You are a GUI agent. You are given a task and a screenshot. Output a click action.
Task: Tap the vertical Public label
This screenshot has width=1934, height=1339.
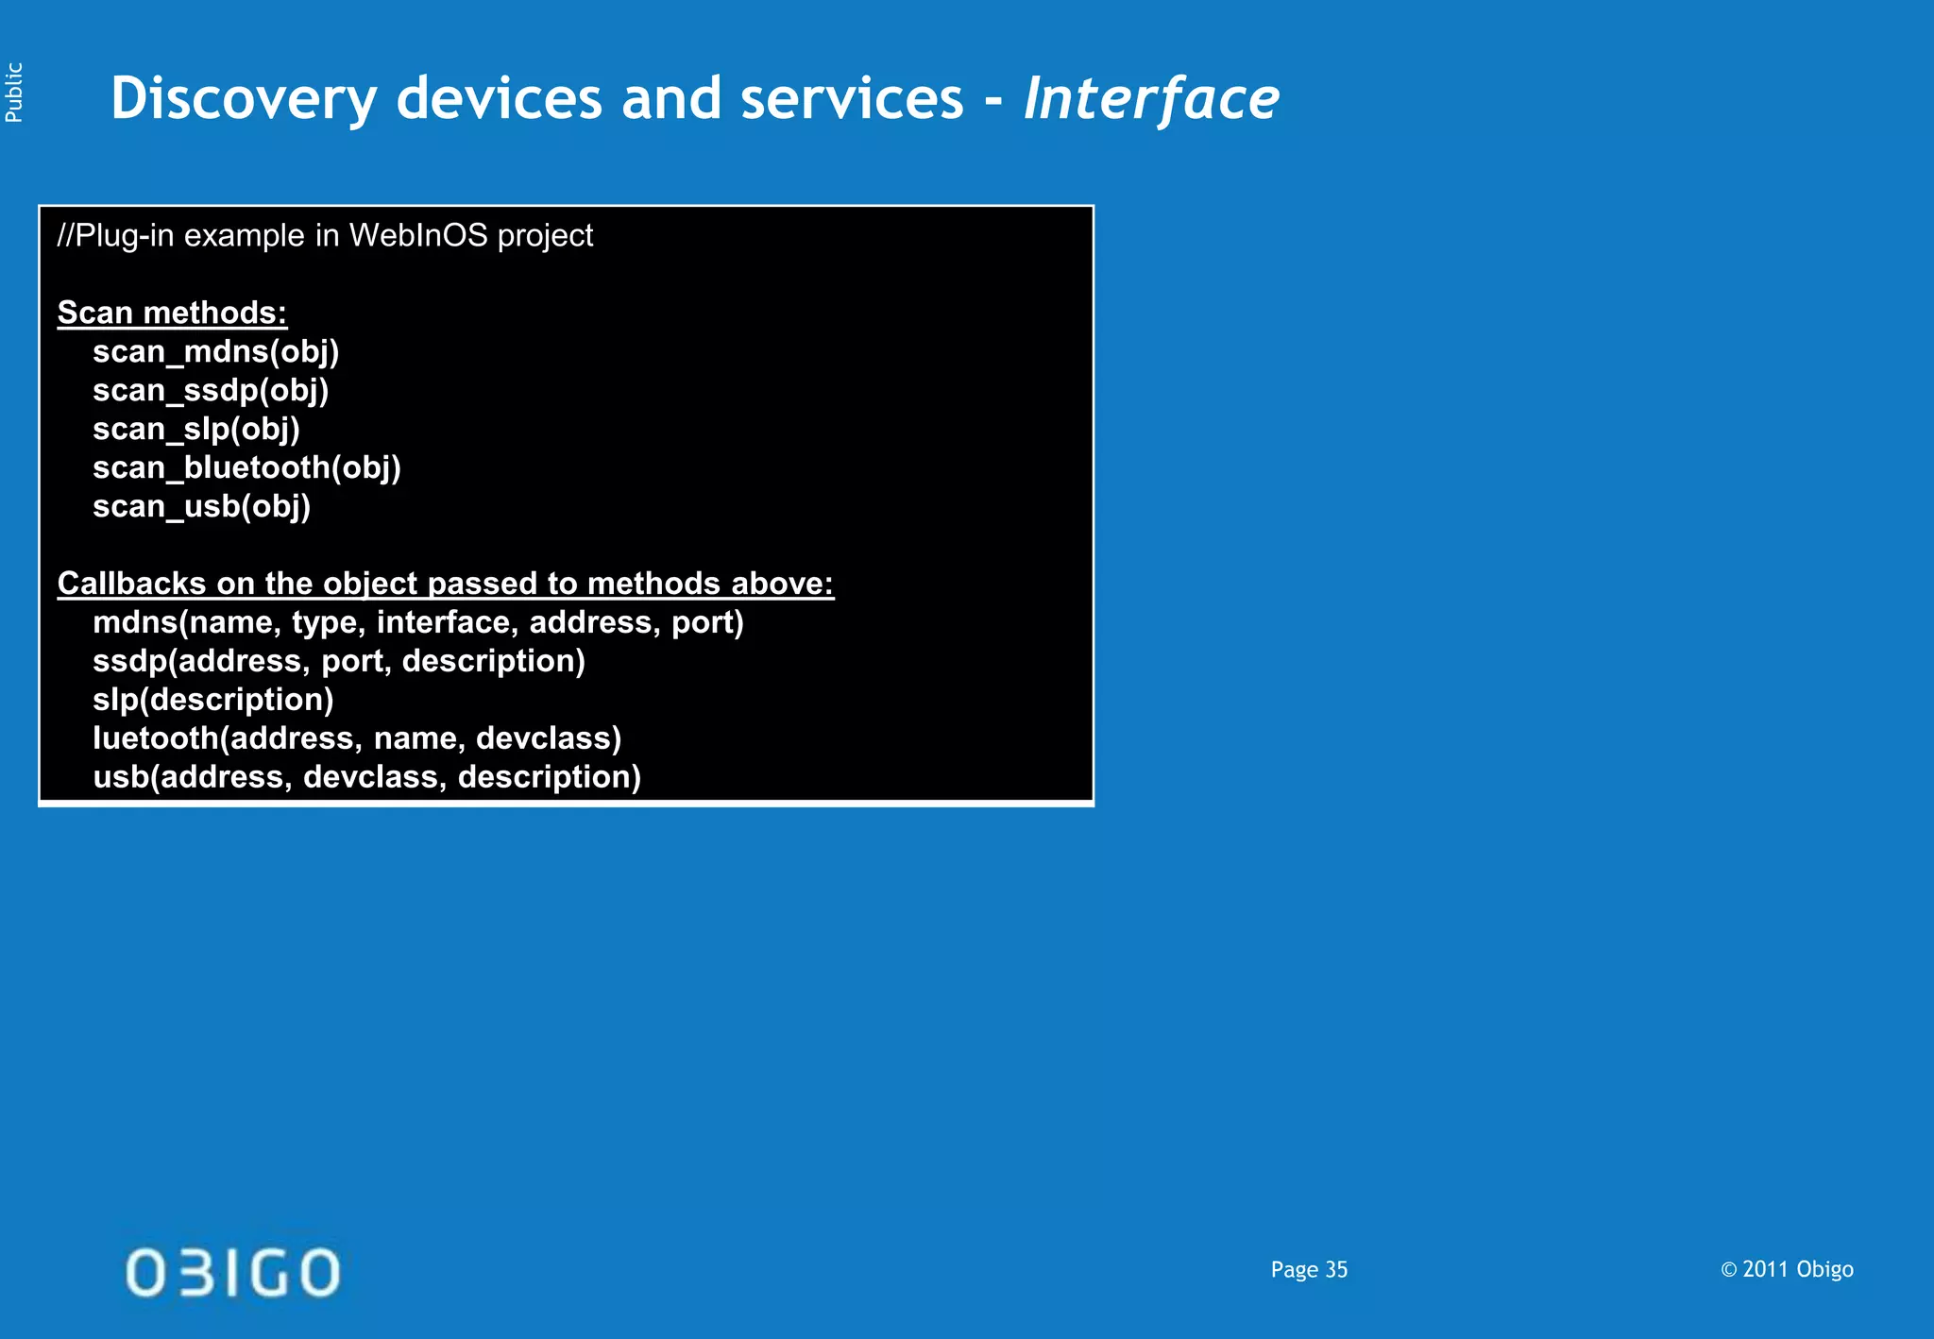click(14, 93)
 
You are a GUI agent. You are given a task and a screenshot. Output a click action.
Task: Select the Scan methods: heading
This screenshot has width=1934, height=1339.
click(172, 313)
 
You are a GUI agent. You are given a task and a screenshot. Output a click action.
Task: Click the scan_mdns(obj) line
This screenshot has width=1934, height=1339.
click(215, 351)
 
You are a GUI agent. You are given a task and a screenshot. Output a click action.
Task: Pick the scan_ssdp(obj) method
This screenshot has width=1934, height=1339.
click(211, 390)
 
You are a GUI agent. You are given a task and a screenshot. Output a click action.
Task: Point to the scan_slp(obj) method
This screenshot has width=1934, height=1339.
click(195, 429)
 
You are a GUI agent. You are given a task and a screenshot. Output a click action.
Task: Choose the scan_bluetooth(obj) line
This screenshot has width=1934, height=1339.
click(246, 467)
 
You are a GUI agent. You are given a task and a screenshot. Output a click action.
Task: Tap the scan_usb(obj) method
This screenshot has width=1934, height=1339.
click(201, 506)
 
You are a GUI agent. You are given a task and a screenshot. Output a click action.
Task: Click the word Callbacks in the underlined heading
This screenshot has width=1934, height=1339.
click(131, 584)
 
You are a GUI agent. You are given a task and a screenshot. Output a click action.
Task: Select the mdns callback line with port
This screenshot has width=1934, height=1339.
click(417, 622)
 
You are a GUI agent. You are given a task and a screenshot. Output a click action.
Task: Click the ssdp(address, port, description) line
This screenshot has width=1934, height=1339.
click(338, 661)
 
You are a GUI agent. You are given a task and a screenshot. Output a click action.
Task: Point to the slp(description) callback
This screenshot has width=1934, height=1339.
click(212, 700)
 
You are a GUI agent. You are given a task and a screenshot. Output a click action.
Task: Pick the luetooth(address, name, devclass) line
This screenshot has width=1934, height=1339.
click(357, 738)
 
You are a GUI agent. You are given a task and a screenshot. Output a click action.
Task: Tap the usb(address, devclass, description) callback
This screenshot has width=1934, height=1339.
click(366, 777)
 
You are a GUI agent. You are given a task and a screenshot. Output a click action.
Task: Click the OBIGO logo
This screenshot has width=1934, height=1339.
click(232, 1272)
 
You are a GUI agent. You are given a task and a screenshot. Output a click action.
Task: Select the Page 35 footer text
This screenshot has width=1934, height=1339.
click(1309, 1269)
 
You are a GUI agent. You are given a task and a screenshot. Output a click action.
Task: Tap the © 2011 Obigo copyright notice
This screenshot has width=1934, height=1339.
click(1786, 1269)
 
